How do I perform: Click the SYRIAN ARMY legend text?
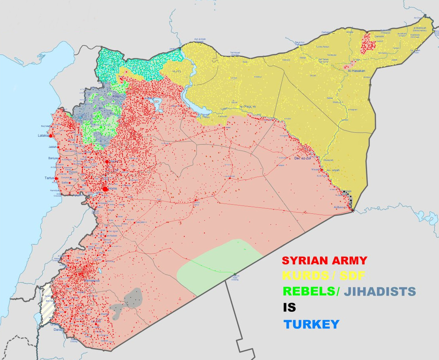324,261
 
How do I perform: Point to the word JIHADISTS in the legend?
380,292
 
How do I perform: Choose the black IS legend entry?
289,307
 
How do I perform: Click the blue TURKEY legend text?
311,324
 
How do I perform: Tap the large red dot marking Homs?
105,189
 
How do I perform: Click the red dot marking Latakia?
51,136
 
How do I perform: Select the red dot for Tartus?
57,178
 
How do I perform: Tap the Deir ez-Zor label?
303,158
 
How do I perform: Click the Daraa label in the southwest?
58,329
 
